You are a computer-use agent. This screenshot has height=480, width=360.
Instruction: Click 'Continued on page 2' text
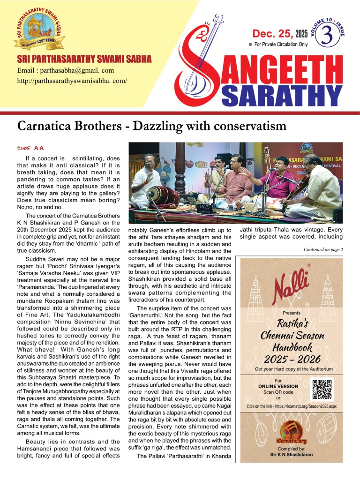tap(323, 249)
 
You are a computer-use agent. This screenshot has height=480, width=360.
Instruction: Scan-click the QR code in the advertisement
tap(322, 389)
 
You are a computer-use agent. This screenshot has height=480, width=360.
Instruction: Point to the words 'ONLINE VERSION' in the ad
tap(278, 386)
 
